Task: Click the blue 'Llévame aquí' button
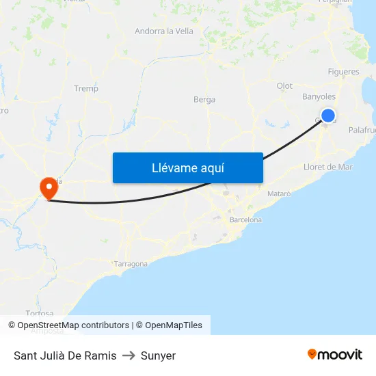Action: coord(187,167)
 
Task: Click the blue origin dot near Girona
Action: coord(328,116)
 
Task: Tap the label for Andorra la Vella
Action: coord(164,31)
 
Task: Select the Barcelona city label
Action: coord(246,220)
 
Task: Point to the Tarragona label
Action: coord(131,264)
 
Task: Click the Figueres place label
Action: coord(343,72)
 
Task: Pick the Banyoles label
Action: coord(319,96)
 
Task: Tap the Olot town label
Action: coord(284,85)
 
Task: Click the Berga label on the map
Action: coord(204,99)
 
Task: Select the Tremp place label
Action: coord(86,88)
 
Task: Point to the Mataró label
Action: coord(279,193)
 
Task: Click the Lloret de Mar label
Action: coord(327,167)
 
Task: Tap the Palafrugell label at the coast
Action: coord(362,130)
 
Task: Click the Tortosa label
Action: coord(39,313)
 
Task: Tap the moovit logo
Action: coord(335,354)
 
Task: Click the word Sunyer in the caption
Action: coord(158,355)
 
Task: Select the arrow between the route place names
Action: coord(129,355)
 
